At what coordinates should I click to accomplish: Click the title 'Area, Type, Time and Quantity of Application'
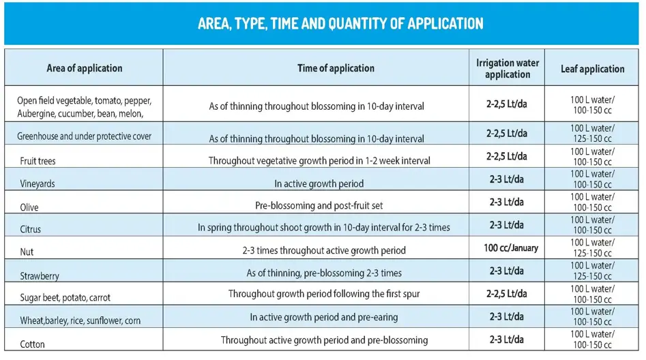tap(340, 24)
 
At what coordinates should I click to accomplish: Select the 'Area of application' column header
tap(85, 68)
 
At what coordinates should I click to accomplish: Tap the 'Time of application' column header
tap(336, 68)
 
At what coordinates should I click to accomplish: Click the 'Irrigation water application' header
tap(508, 68)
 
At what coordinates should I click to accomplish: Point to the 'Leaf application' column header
tap(592, 69)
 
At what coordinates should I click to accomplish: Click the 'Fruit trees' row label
tap(38, 162)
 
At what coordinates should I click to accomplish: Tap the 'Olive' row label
tap(29, 207)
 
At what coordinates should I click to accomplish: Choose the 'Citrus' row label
tap(31, 230)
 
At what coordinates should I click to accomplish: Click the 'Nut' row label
tap(27, 252)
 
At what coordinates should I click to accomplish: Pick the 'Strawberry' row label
tap(40, 276)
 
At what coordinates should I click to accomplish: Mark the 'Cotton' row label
tap(32, 344)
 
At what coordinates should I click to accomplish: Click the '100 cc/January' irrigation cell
tap(511, 247)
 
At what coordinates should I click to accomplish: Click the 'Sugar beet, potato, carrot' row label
tap(65, 298)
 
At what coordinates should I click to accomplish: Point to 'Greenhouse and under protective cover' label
tap(85, 136)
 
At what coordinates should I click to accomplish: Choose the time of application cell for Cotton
tap(324, 340)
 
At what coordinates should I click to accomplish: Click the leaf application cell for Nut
tap(592, 248)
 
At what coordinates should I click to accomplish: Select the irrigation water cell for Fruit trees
tap(507, 156)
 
